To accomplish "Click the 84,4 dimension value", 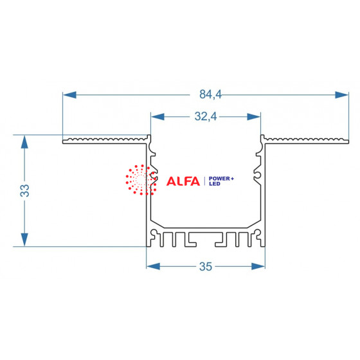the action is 210,94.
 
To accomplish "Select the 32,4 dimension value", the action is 206,116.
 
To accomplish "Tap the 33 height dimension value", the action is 24,190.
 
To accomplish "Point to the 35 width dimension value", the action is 206,267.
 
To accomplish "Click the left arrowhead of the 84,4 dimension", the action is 69,95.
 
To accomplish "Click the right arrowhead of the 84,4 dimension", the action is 341,95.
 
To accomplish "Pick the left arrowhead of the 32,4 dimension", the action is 157,116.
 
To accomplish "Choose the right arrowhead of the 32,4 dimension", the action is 254,116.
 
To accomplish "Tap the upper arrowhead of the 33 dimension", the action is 24,141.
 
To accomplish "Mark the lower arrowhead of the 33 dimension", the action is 24,240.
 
